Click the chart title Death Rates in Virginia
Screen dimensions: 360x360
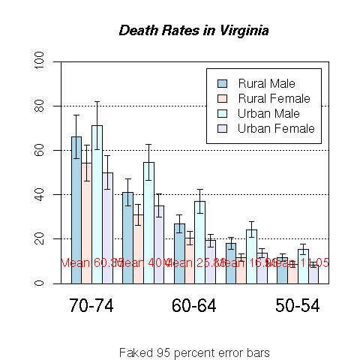pos(194,31)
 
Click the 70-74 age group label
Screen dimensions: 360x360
pos(91,306)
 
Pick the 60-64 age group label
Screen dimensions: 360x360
pos(194,306)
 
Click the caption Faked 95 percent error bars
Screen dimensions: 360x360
pos(194,352)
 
